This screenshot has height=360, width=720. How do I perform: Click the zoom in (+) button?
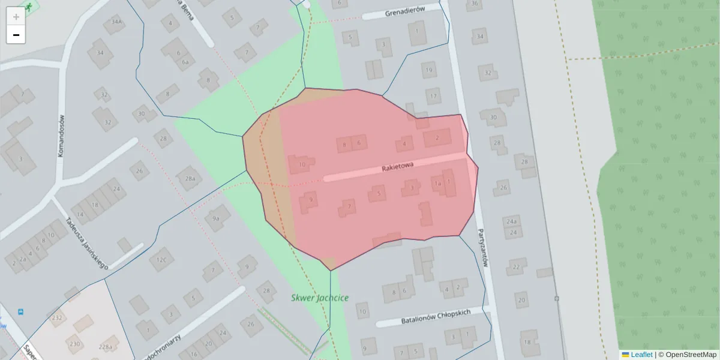coord(16,17)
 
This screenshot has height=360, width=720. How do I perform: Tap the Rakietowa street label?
coord(398,169)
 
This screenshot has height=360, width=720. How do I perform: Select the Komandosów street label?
coord(61,136)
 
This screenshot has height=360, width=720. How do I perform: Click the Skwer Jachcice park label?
coord(320,298)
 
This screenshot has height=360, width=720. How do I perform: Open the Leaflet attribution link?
coord(641,355)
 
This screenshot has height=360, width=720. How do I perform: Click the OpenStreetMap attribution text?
coord(691,355)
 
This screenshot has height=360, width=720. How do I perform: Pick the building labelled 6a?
coord(185,62)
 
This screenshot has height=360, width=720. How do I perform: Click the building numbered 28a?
coord(190,179)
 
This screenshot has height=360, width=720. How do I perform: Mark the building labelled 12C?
coord(161,260)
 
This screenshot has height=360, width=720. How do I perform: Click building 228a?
coord(106,347)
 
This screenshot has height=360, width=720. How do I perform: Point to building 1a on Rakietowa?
coord(438,184)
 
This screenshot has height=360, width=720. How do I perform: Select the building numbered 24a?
coord(511,221)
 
